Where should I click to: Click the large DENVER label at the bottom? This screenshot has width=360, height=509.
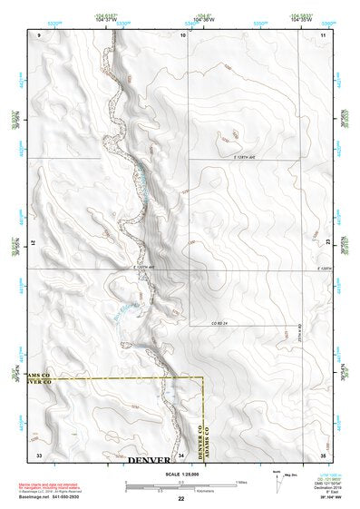(x=149, y=461)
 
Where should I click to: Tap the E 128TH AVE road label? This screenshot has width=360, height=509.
(x=239, y=157)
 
